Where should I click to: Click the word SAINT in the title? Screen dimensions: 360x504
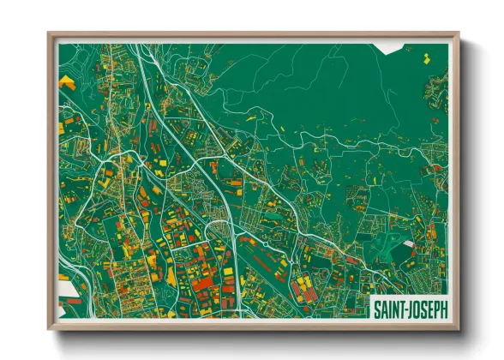pyautogui.click(x=390, y=306)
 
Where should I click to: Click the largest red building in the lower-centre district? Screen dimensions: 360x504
pyautogui.click(x=202, y=283)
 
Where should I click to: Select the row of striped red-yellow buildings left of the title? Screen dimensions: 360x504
pyautogui.click(x=303, y=290)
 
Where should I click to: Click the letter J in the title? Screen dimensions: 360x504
pyautogui.click(x=412, y=306)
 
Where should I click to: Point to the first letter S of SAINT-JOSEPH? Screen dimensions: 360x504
pyautogui.click(x=377, y=306)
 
